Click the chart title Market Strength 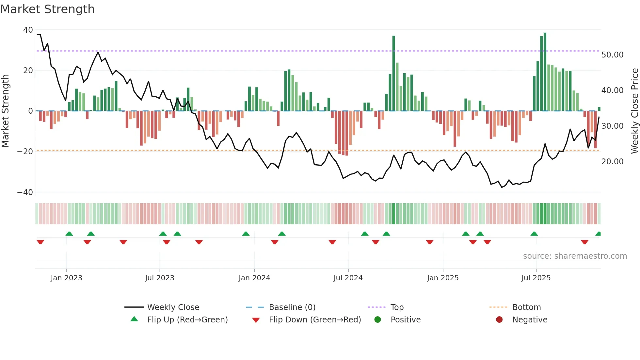pyautogui.click(x=47, y=9)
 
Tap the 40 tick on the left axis pyautogui.click(x=28, y=30)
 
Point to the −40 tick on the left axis pyautogui.click(x=25, y=192)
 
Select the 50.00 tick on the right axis pyautogui.click(x=612, y=55)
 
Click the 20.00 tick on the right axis pyautogui.click(x=612, y=162)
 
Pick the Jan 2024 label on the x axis pyautogui.click(x=254, y=278)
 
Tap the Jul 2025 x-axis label pyautogui.click(x=536, y=278)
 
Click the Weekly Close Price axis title pyautogui.click(x=634, y=111)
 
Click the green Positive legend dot pyautogui.click(x=378, y=320)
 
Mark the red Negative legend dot pyautogui.click(x=499, y=320)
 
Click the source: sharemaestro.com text pyautogui.click(x=575, y=256)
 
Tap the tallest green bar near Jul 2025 pyautogui.click(x=545, y=72)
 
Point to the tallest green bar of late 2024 pyautogui.click(x=393, y=74)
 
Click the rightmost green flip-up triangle pyautogui.click(x=598, y=234)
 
